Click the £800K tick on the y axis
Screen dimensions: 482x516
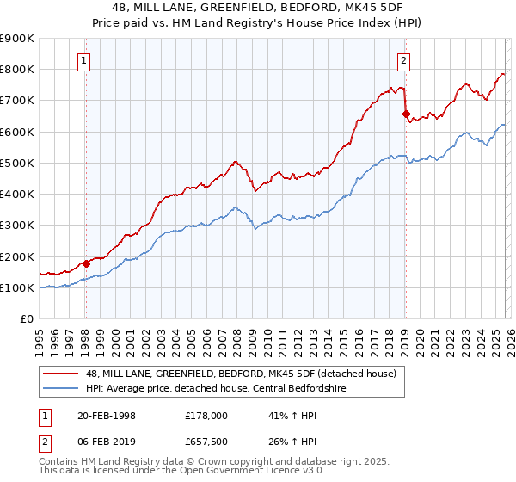point(17,69)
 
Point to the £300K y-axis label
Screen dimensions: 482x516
point(17,226)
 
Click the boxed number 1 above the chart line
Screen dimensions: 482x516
point(85,60)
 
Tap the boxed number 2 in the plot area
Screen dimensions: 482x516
point(403,60)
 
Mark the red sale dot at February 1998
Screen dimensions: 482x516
point(86,263)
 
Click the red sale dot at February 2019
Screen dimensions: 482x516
point(405,113)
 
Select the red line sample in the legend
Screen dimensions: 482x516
point(61,374)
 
